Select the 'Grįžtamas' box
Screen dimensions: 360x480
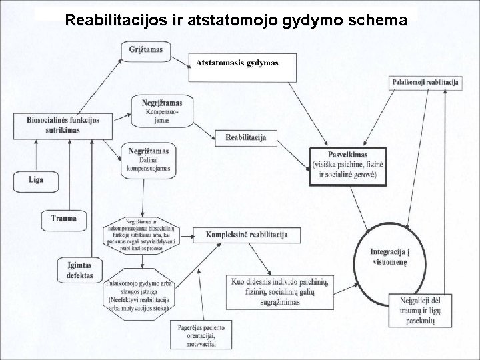click(145, 50)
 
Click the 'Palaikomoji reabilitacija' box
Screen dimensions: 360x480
click(425, 81)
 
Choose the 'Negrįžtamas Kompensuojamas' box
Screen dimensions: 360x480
click(162, 111)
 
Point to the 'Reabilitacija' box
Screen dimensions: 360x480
click(245, 137)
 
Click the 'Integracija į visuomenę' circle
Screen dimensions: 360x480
click(392, 257)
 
